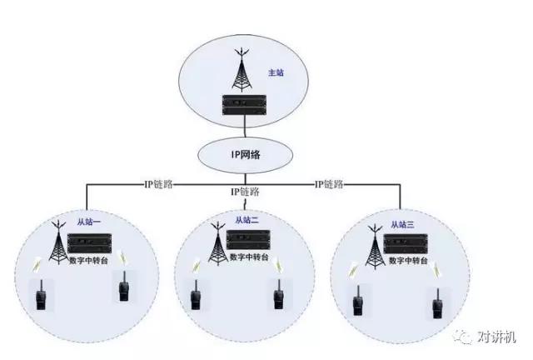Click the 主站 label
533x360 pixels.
(x=276, y=72)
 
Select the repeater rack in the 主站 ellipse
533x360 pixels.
(x=244, y=104)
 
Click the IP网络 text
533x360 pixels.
(x=246, y=154)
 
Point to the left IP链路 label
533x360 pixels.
(x=159, y=184)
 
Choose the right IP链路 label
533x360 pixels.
(x=329, y=184)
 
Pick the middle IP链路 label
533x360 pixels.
(x=245, y=192)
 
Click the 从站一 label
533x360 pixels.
(x=89, y=222)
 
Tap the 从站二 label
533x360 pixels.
(x=247, y=220)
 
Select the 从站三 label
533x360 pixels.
(x=402, y=224)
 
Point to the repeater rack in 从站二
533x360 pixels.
(x=248, y=240)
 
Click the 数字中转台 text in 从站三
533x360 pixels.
(x=408, y=261)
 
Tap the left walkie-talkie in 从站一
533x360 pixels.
(x=41, y=295)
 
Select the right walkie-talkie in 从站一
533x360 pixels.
(x=123, y=287)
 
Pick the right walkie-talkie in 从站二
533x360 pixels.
(x=279, y=295)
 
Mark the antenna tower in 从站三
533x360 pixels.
(x=375, y=247)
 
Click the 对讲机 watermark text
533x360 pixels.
(x=496, y=337)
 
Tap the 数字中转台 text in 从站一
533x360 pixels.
(x=88, y=261)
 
